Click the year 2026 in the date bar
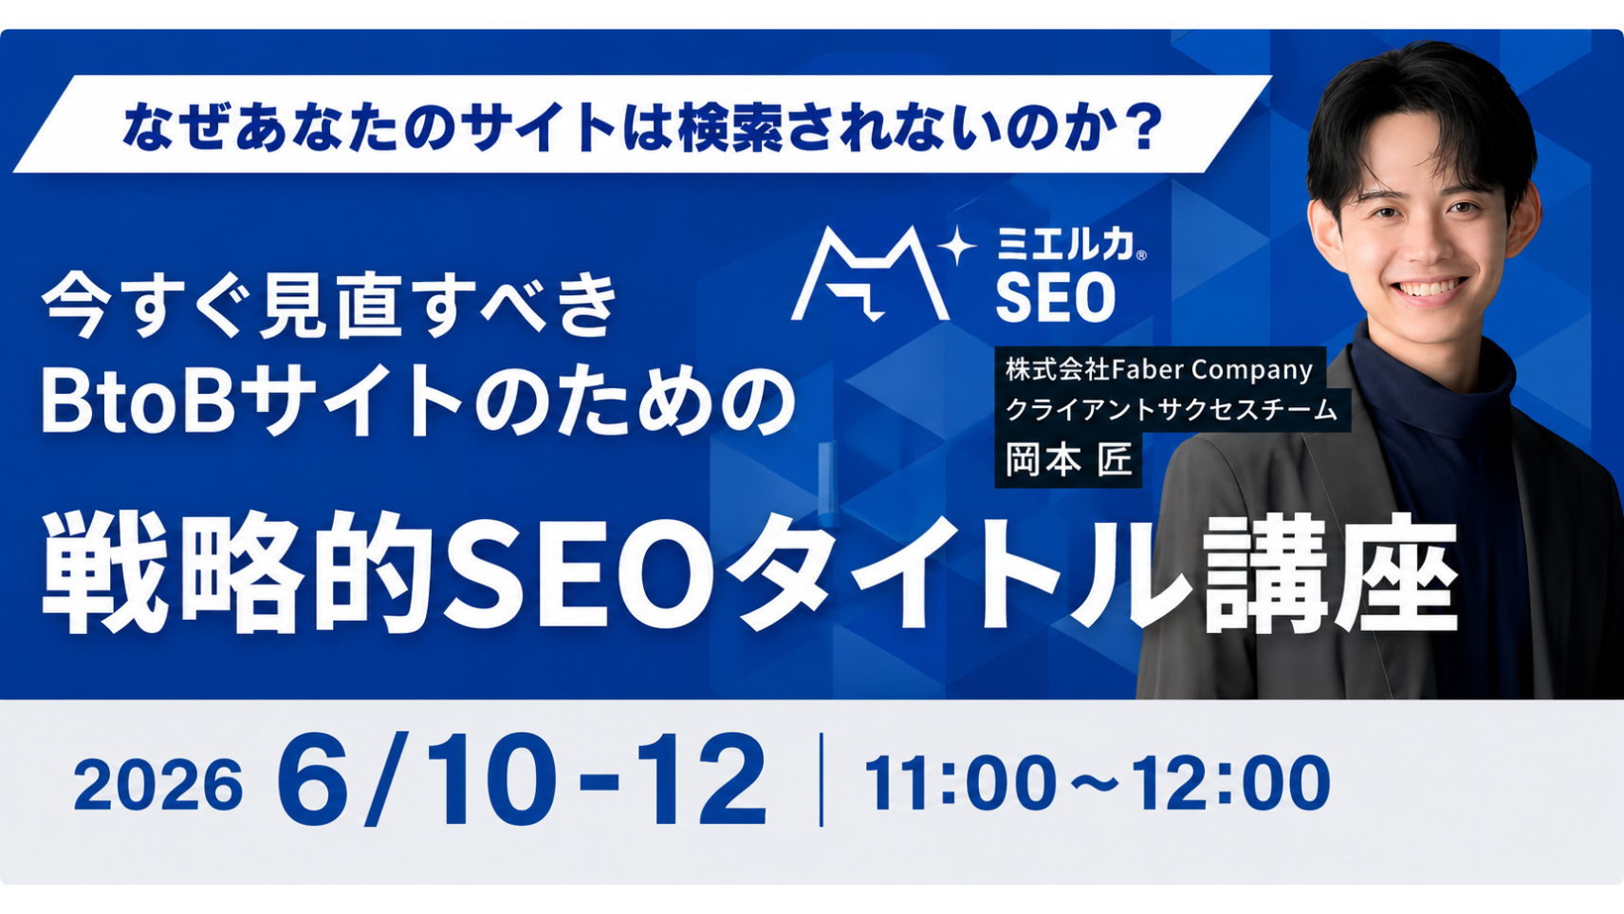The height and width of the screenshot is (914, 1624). coord(158,785)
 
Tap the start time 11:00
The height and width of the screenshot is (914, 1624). coord(961,783)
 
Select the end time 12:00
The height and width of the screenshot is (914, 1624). coord(1231,783)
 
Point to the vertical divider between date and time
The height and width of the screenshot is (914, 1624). coord(821,780)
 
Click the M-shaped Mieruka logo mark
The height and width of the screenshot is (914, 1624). coord(870,274)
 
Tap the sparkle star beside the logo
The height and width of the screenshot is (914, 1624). coord(958,245)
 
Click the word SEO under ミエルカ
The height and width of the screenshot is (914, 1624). coord(1056,297)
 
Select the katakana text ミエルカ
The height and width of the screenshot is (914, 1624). coord(1065,243)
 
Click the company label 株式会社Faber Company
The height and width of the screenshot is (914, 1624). coord(1159,369)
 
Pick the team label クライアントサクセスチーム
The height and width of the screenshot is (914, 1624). coord(1171,411)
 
